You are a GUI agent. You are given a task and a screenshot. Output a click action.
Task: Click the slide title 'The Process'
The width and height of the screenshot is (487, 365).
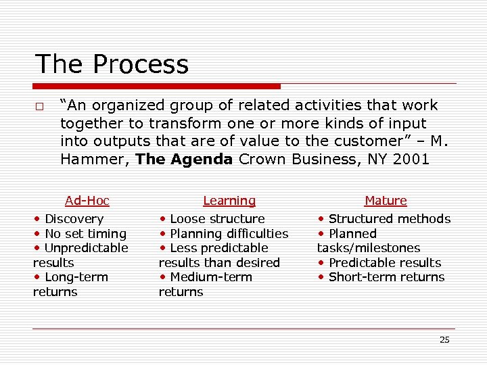coord(112,65)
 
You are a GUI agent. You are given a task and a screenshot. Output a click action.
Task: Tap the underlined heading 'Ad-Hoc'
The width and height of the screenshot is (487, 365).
coord(87,201)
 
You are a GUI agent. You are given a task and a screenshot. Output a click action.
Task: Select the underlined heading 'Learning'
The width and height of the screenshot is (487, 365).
coord(229,201)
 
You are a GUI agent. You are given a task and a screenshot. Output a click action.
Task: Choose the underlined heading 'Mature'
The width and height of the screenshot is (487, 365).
coord(386,201)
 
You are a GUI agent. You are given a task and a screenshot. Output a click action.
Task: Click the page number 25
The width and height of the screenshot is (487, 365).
coord(444,340)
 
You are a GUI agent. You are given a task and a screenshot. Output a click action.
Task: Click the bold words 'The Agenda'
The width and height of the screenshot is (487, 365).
coord(184,160)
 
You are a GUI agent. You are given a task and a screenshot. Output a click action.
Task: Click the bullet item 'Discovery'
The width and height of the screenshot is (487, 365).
coord(74,219)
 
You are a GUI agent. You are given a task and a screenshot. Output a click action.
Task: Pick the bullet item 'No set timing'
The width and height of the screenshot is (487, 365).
coord(85,234)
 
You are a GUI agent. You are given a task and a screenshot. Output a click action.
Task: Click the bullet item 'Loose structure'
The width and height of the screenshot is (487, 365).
coord(217,219)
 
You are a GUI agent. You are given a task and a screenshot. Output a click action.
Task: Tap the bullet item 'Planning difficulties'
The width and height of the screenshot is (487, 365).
coord(229,234)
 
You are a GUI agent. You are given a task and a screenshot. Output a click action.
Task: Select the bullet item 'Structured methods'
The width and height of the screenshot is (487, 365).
coord(389,219)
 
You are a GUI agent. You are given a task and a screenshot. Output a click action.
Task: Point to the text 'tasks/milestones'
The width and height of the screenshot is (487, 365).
coord(369,248)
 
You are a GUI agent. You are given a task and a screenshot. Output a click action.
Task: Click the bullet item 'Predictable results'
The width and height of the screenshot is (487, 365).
coord(384,263)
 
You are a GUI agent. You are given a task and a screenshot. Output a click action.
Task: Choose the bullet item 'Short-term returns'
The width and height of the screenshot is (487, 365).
coord(386,277)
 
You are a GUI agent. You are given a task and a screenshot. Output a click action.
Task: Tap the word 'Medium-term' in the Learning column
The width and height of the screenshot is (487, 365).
coord(210,277)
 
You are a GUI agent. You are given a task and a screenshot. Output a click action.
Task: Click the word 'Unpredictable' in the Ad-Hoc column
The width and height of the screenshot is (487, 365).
coord(86,248)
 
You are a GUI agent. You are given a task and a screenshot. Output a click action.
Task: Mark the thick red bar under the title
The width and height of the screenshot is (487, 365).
coord(157,87)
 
